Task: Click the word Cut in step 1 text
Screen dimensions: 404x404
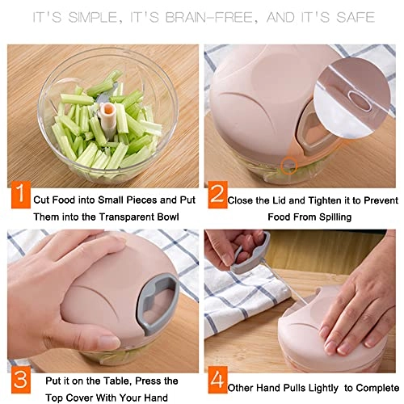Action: coord(43,198)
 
